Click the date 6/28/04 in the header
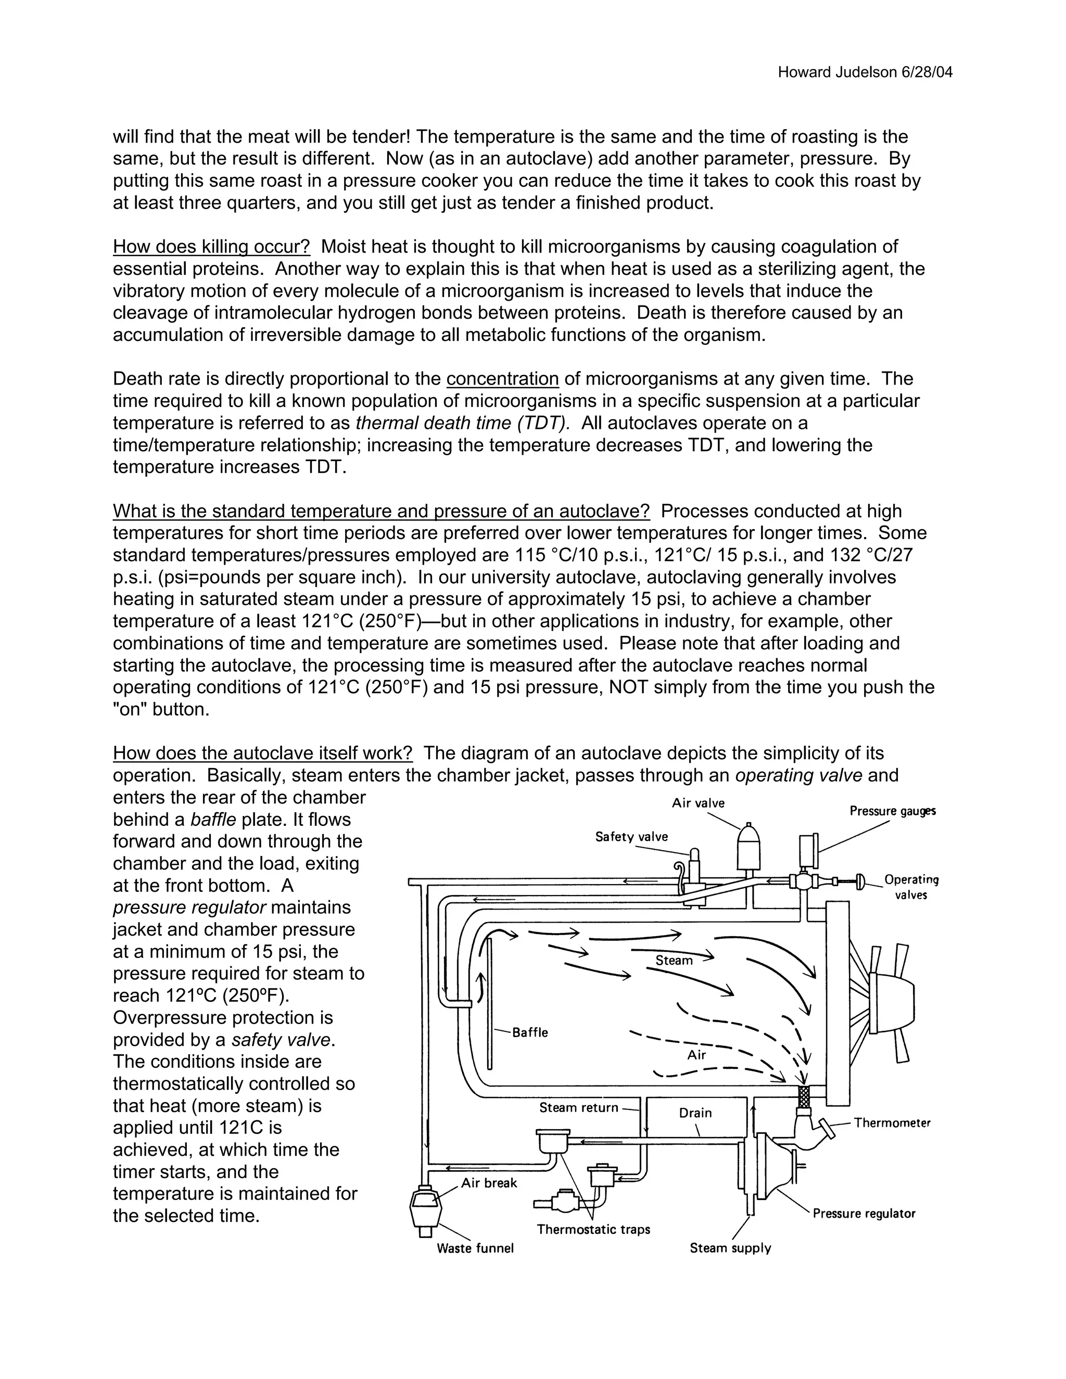pos(927,73)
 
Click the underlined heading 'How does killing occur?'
pos(211,247)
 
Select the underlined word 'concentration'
pos(503,379)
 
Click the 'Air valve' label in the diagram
pos(698,803)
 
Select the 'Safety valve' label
pos(631,837)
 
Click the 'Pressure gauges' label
pos(892,811)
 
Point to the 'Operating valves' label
pos(911,887)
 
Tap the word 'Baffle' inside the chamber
pos(530,1032)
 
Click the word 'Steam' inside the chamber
pos(674,961)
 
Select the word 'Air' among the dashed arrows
pos(696,1055)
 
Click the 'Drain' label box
pos(695,1113)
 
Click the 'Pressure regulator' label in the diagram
pos(864,1214)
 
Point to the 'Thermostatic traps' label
pos(593,1229)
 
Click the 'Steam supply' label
pos(730,1248)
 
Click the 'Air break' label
pos(489,1183)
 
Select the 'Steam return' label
pos(578,1107)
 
